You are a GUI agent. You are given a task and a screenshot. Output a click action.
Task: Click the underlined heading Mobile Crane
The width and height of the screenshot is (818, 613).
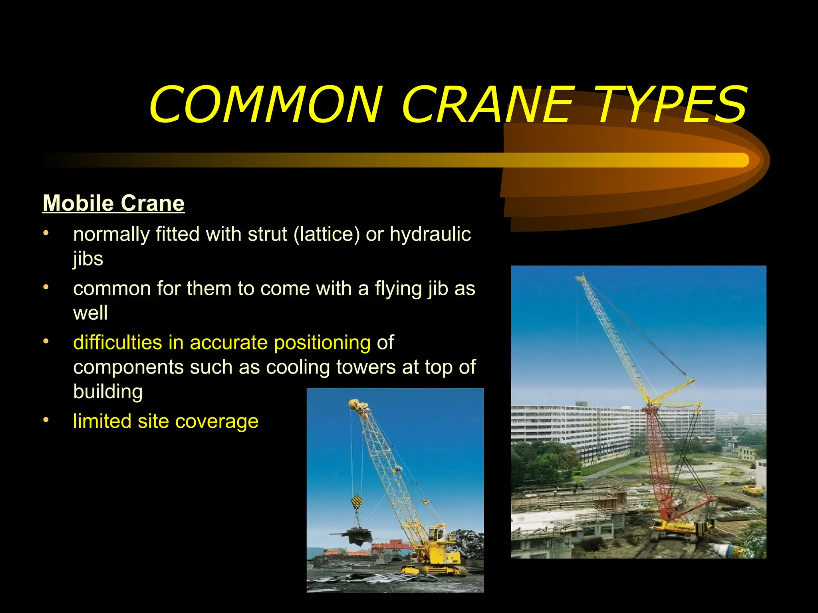click(x=113, y=203)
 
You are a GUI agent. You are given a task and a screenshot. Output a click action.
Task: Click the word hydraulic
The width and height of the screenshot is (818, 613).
click(x=430, y=234)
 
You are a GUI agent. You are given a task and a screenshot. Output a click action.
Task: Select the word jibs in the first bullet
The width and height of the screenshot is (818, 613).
click(x=88, y=259)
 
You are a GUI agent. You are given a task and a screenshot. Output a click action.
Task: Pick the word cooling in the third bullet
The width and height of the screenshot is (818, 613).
click(x=298, y=367)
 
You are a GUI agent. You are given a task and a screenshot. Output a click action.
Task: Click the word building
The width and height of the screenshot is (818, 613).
click(x=108, y=391)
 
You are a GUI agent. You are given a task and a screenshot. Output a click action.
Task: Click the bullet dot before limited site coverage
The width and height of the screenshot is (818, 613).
click(x=46, y=420)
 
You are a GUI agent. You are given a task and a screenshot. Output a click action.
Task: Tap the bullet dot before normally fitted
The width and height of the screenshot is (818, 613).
click(x=46, y=233)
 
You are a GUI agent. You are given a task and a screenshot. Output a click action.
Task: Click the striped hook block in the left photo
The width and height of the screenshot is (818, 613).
click(x=357, y=502)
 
